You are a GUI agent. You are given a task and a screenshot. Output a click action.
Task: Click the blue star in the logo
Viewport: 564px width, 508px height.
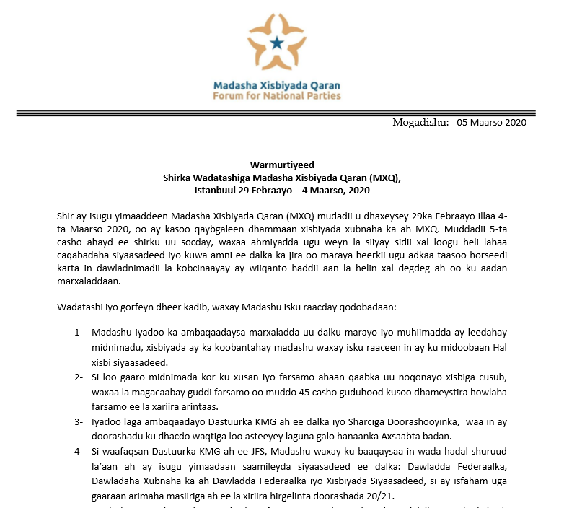[277, 43]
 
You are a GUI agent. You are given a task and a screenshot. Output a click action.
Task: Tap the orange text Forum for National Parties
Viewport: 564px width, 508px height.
[277, 95]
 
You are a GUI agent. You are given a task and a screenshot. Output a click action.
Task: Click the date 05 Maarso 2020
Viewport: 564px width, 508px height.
[491, 122]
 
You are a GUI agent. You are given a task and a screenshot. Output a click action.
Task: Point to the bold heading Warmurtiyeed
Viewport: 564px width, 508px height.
[282, 165]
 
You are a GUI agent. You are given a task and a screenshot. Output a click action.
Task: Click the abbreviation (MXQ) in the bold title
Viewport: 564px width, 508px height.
[384, 178]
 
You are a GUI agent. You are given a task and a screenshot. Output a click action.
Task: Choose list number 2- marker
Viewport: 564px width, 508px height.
[78, 377]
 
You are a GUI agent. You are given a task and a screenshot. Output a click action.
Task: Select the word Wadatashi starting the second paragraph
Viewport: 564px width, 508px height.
[79, 307]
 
